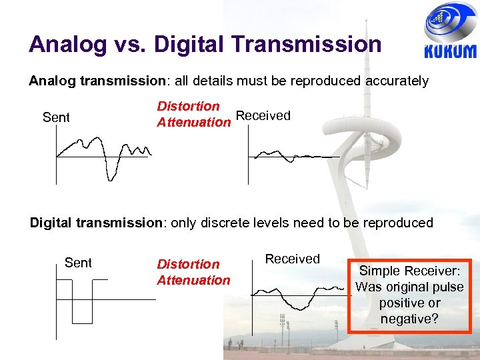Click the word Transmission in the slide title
click(x=307, y=45)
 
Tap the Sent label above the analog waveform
click(x=56, y=118)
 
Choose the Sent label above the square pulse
click(x=78, y=263)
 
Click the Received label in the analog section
click(x=263, y=115)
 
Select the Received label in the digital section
click(x=293, y=259)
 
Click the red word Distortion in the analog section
click(x=188, y=106)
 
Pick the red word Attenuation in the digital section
click(x=193, y=280)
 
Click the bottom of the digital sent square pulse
click(x=82, y=321)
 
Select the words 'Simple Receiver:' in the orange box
click(x=409, y=271)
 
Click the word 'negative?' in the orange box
click(x=409, y=319)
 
